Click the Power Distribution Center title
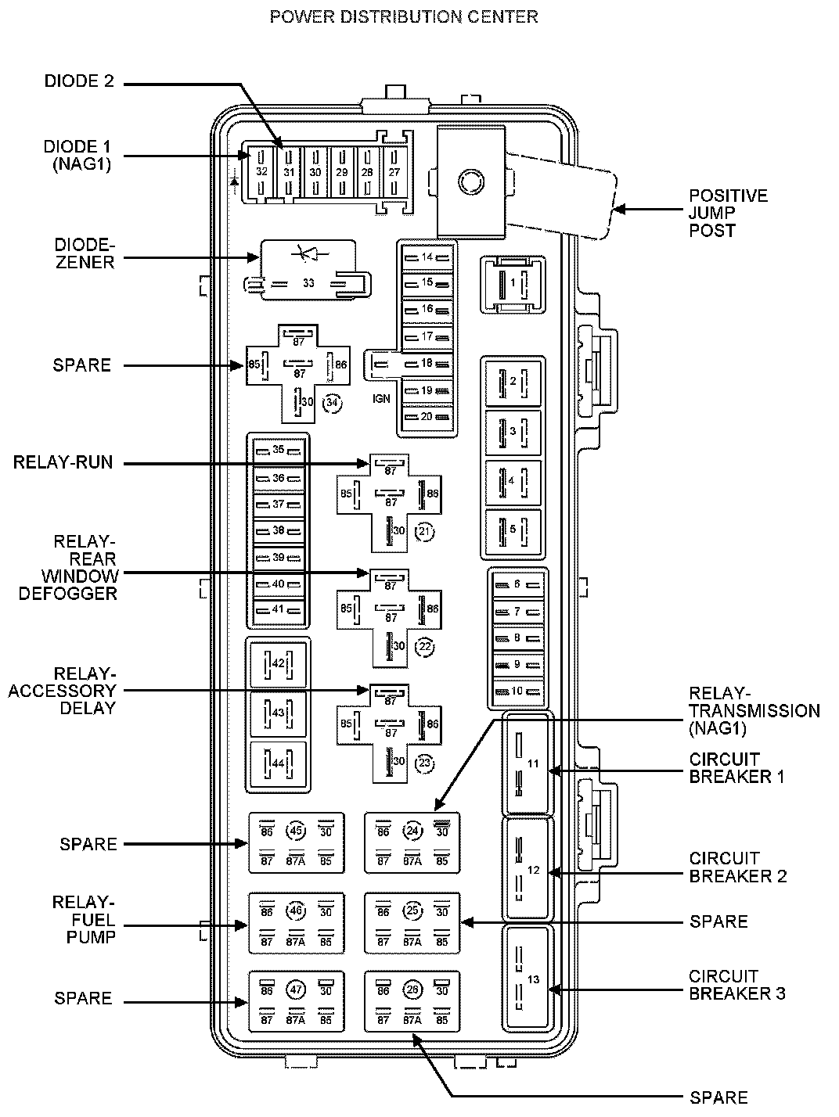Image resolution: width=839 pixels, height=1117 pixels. point(403,16)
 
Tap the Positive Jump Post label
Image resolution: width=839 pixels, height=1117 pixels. point(727,213)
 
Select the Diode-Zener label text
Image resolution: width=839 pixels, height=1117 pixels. point(80,253)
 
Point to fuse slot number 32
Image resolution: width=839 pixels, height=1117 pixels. point(261,172)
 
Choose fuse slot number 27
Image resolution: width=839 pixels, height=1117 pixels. point(394,172)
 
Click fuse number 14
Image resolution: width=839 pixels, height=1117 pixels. point(427,257)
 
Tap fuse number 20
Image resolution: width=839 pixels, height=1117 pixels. point(427,417)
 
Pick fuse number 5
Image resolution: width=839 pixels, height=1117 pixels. point(513,530)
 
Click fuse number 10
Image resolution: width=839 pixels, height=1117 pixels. point(517,691)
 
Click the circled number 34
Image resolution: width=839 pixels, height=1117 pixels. point(333,403)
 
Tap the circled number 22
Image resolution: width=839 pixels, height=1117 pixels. point(424,647)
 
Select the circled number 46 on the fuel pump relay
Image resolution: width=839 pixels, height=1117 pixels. point(295,910)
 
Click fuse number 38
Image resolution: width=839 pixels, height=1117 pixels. point(279,530)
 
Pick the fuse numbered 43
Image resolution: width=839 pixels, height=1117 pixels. point(278,713)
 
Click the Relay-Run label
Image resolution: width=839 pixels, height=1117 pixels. point(63,462)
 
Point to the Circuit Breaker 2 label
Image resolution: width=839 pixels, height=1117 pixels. point(737,867)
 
